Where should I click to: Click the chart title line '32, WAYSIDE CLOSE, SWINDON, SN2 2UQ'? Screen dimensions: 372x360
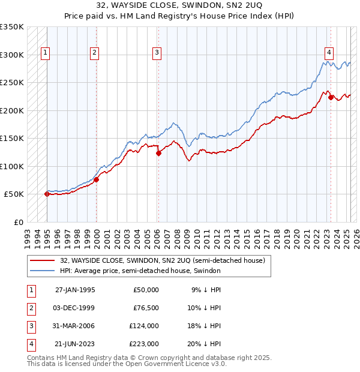tap(179, 5)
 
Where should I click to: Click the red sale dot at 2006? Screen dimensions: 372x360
tap(158, 153)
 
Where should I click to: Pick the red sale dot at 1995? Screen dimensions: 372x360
tap(47, 194)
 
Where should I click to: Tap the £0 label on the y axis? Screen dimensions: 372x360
tap(17, 222)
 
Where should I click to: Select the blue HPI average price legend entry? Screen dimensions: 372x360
tap(140, 271)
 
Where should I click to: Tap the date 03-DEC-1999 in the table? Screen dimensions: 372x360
tap(75, 307)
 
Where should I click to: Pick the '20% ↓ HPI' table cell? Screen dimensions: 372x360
tap(206, 344)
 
